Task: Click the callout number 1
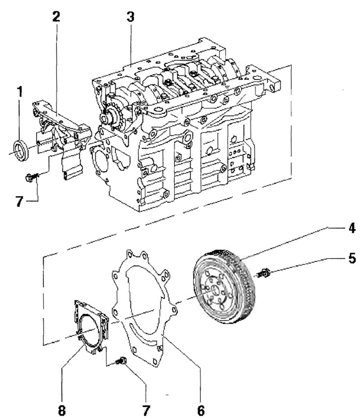coord(20,91)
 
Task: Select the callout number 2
coord(56,16)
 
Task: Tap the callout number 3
coord(130,16)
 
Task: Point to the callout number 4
coord(352,228)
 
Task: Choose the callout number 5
coord(352,258)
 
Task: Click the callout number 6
coord(200,410)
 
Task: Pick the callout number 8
coord(62,410)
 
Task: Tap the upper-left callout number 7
coord(19,201)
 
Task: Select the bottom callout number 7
coord(146,410)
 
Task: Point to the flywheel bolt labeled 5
coord(264,273)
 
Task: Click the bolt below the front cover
coord(31,177)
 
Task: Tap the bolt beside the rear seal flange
coord(121,361)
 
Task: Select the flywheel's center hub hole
coord(216,289)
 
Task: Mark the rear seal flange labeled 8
coord(91,327)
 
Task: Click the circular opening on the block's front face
coord(101,157)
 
